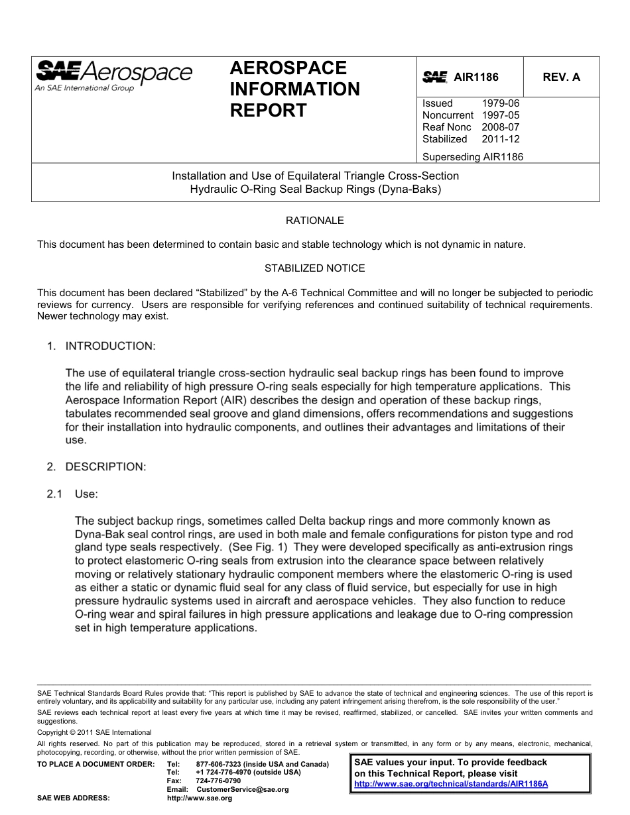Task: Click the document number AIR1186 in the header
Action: [475, 78]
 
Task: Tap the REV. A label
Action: [561, 78]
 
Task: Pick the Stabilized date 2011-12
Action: [501, 139]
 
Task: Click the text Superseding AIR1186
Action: [472, 157]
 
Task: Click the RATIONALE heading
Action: [314, 221]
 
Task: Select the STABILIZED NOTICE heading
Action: [314, 268]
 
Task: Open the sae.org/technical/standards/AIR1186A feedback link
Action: [451, 784]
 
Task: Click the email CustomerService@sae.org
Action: [243, 790]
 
